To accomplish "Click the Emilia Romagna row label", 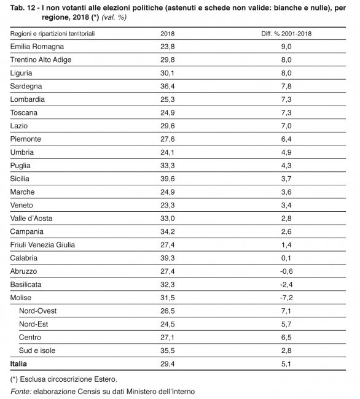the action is click(x=37, y=47).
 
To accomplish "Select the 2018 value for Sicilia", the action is click(x=168, y=179).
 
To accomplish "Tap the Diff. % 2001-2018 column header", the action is click(x=286, y=34).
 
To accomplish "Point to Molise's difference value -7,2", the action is click(x=286, y=298).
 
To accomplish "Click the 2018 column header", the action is click(x=168, y=34).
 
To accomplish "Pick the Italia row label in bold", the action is click(x=18, y=363).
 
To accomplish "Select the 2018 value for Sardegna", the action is click(x=168, y=86).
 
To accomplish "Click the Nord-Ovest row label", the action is click(x=37, y=311).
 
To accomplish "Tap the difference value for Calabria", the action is click(x=286, y=258).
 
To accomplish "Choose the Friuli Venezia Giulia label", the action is click(x=42, y=245).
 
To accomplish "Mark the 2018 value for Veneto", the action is click(x=168, y=205).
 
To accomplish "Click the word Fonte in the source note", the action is click(x=21, y=391).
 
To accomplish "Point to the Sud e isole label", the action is click(x=37, y=351).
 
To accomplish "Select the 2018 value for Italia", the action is click(x=168, y=363).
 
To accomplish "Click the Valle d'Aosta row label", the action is click(x=31, y=219).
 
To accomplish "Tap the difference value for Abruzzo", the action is click(x=286, y=271).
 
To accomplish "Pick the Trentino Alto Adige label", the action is click(x=41, y=60).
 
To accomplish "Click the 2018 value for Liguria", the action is click(x=168, y=73).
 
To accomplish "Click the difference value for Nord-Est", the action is click(x=286, y=324).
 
